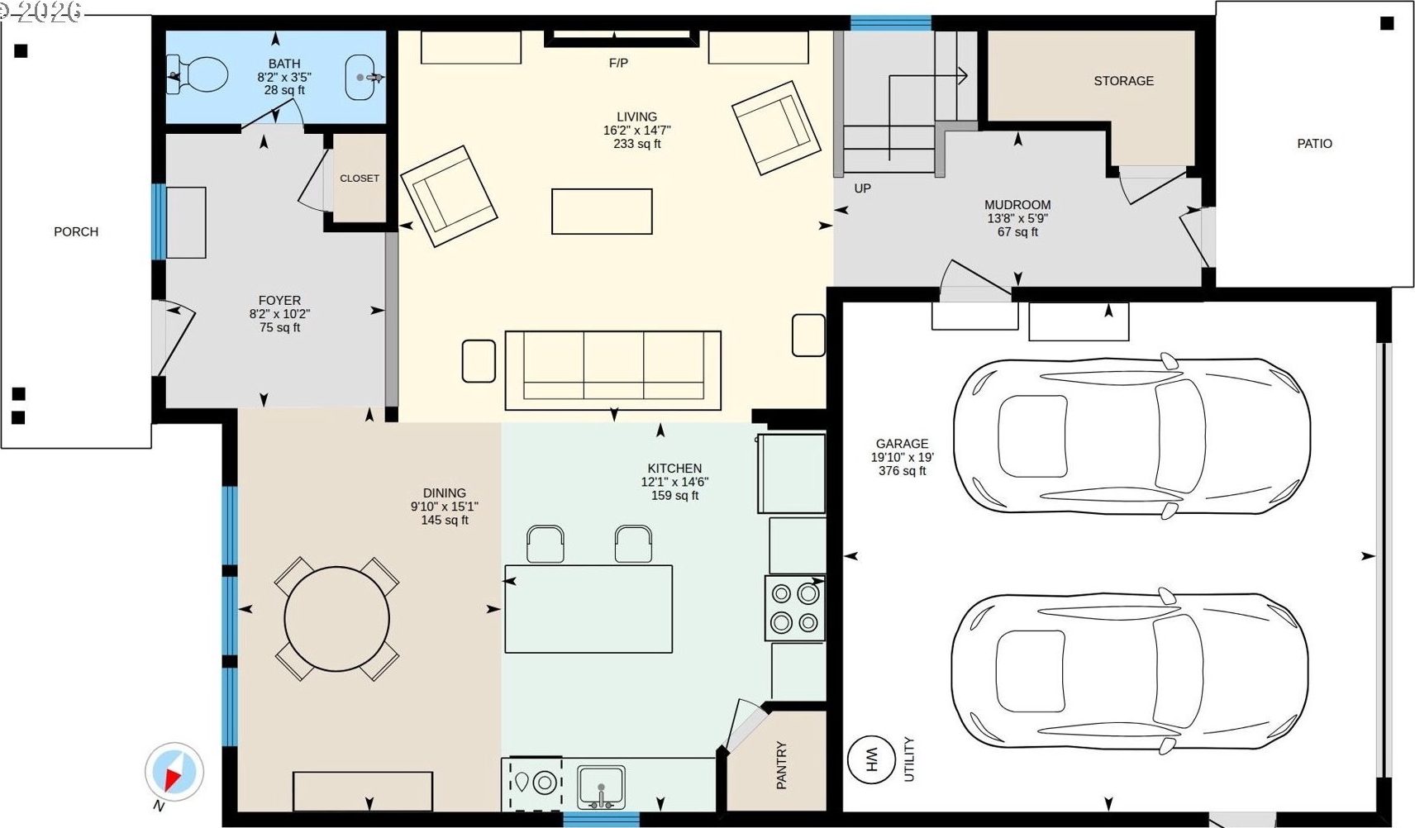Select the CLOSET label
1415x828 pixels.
360,178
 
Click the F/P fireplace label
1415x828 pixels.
618,63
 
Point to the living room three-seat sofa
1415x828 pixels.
612,370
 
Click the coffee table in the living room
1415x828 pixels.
602,212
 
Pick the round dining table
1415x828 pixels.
336,619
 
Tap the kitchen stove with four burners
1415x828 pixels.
794,608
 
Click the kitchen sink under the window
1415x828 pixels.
602,787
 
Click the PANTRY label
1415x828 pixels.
781,765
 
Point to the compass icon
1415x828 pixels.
174,772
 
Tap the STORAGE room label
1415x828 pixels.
1124,81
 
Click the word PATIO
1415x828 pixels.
1314,143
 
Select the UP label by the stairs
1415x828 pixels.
862,188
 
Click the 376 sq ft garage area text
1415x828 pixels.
902,471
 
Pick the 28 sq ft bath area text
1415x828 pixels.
284,90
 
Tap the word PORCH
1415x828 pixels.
76,231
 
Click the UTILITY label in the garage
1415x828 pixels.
909,759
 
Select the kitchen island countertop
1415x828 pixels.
588,609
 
